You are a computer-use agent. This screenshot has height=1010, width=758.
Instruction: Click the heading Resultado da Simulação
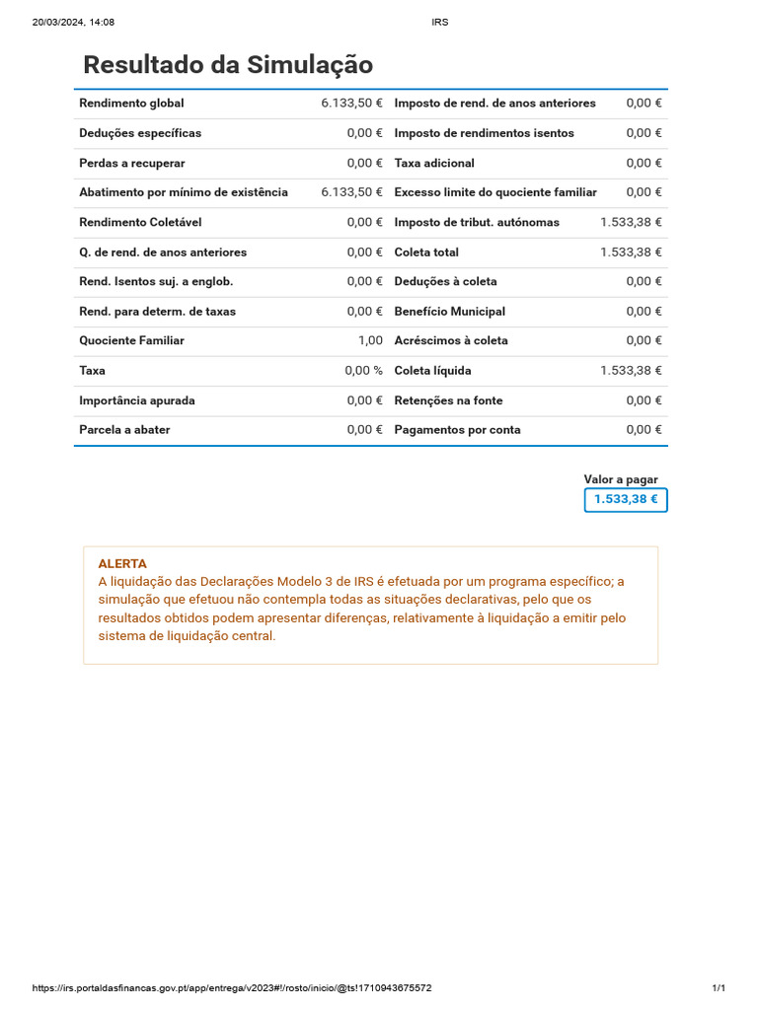[x=228, y=65]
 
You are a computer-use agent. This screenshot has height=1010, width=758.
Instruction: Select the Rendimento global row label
[x=131, y=103]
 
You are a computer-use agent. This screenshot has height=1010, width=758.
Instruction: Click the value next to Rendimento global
[x=351, y=103]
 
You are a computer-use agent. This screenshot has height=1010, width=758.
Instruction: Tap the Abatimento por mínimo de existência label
[x=184, y=192]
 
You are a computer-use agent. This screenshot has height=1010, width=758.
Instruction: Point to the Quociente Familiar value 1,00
[x=370, y=340]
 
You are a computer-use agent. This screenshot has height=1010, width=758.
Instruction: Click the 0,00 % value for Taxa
[x=363, y=371]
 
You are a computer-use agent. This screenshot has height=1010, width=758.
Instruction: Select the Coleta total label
[x=426, y=252]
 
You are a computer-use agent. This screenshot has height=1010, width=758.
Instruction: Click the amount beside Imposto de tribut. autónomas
[x=631, y=222]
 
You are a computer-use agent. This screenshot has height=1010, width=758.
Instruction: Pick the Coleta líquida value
[x=631, y=371]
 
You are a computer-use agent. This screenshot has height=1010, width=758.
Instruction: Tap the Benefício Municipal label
[x=449, y=312]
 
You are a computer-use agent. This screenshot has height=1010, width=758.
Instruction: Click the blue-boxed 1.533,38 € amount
[x=626, y=499]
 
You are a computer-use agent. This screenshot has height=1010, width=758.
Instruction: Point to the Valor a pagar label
[x=621, y=479]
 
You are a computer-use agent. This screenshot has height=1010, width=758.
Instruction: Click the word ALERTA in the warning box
[x=122, y=563]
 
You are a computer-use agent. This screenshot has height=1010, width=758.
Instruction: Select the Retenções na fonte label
[x=448, y=400]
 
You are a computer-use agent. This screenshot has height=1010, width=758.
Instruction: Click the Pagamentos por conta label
[x=457, y=430]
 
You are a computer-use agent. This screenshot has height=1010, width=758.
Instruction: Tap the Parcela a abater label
[x=124, y=430]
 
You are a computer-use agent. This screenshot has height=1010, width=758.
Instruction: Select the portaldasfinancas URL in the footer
[x=232, y=988]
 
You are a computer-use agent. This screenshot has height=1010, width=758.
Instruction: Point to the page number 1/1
[x=719, y=988]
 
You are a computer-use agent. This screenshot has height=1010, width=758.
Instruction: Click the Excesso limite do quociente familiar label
[x=495, y=192]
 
